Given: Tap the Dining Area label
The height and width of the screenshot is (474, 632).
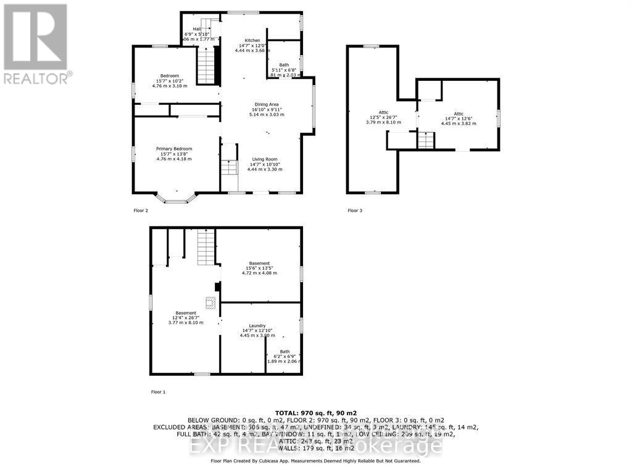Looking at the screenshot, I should click(x=266, y=104).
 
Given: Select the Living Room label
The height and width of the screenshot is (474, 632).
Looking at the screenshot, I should click(x=265, y=159).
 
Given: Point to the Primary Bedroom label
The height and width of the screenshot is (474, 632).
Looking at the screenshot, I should click(x=174, y=149).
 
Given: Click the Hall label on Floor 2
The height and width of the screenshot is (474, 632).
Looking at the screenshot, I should click(x=197, y=28).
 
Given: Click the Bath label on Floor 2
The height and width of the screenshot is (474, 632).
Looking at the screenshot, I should click(x=284, y=65).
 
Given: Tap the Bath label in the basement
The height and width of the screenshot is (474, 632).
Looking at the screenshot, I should click(x=285, y=352).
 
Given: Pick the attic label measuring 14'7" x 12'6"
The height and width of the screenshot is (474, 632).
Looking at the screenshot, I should click(x=459, y=114).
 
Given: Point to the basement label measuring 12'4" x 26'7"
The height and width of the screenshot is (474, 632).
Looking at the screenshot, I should click(x=186, y=313).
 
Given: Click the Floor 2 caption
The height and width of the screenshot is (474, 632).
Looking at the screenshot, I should click(x=141, y=210).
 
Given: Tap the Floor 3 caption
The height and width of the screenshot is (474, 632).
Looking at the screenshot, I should click(x=355, y=210).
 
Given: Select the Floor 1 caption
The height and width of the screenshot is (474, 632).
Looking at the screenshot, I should click(x=141, y=392).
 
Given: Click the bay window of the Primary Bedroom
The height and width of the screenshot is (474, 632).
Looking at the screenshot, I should click(x=176, y=198).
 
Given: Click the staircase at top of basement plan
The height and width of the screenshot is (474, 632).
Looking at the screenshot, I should click(x=206, y=247).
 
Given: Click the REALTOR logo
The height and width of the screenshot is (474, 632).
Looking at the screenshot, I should click(x=36, y=44).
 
